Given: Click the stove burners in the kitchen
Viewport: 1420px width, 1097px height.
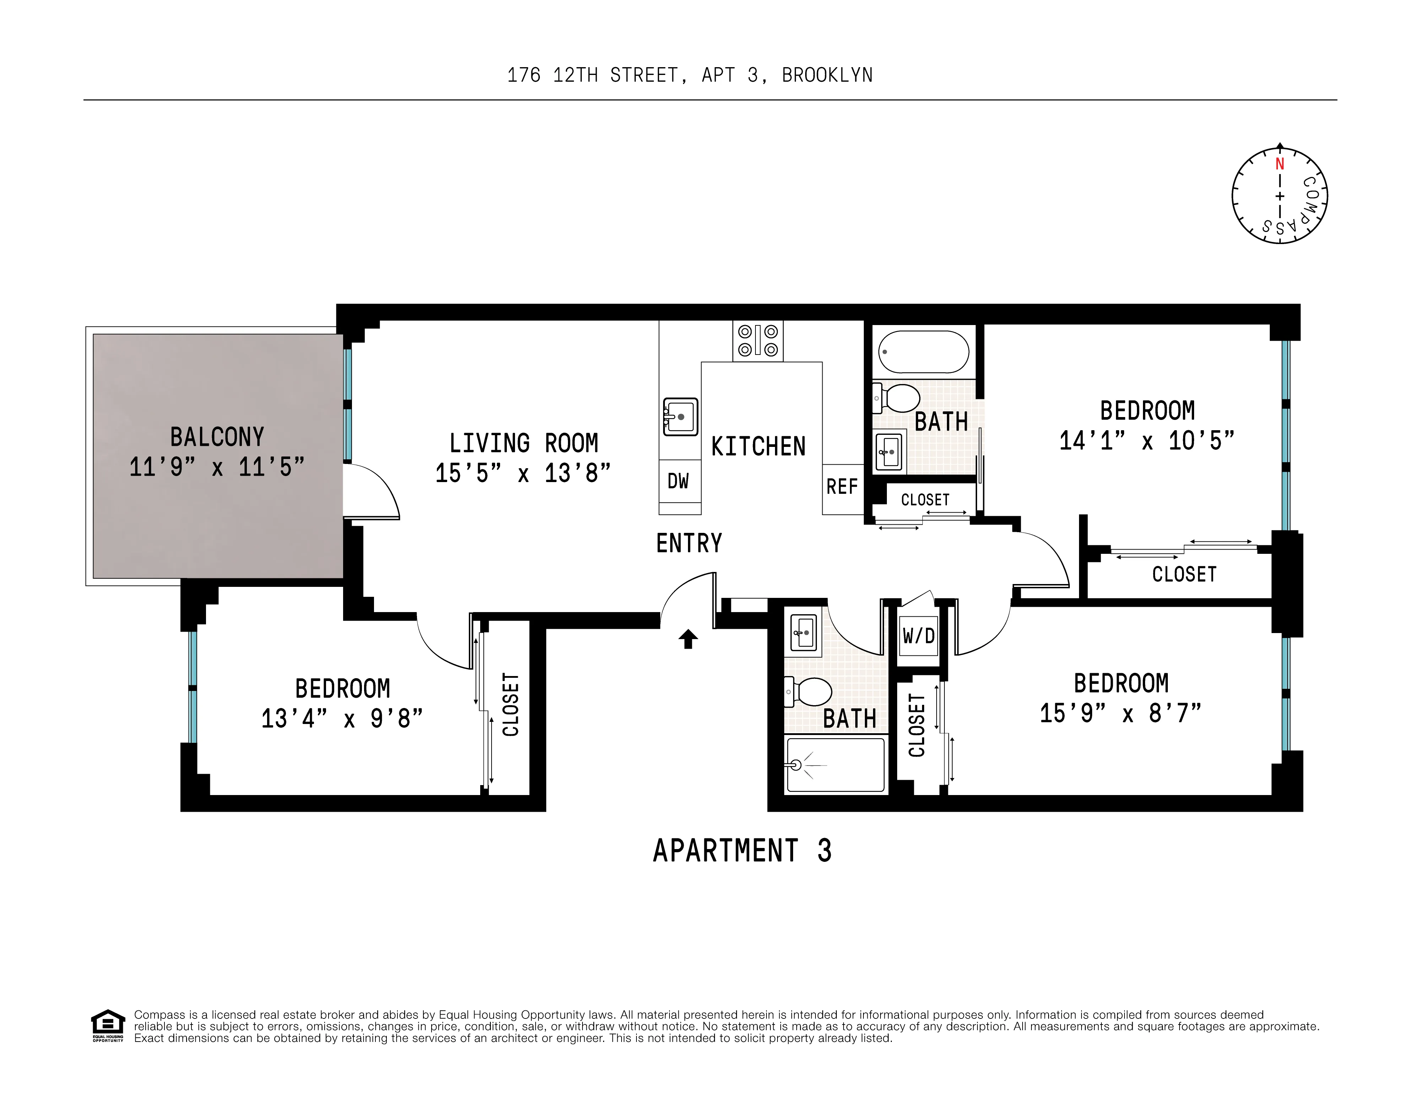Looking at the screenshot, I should [758, 341].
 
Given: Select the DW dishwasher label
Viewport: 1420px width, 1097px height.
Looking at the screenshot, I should [678, 481].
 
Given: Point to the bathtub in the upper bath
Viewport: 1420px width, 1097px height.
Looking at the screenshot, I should [923, 352].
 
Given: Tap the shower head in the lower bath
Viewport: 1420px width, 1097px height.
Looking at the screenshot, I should [796, 765].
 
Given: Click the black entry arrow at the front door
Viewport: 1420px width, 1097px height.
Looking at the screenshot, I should [688, 639].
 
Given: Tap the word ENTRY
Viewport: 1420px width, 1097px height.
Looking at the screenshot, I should [689, 543].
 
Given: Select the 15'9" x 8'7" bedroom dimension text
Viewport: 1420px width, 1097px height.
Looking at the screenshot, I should [1120, 713].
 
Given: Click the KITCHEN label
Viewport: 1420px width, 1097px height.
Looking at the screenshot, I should [758, 447].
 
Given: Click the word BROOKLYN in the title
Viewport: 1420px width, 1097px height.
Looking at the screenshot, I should [827, 75].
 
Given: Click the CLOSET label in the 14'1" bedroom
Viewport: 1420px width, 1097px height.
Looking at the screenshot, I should [1184, 574].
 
